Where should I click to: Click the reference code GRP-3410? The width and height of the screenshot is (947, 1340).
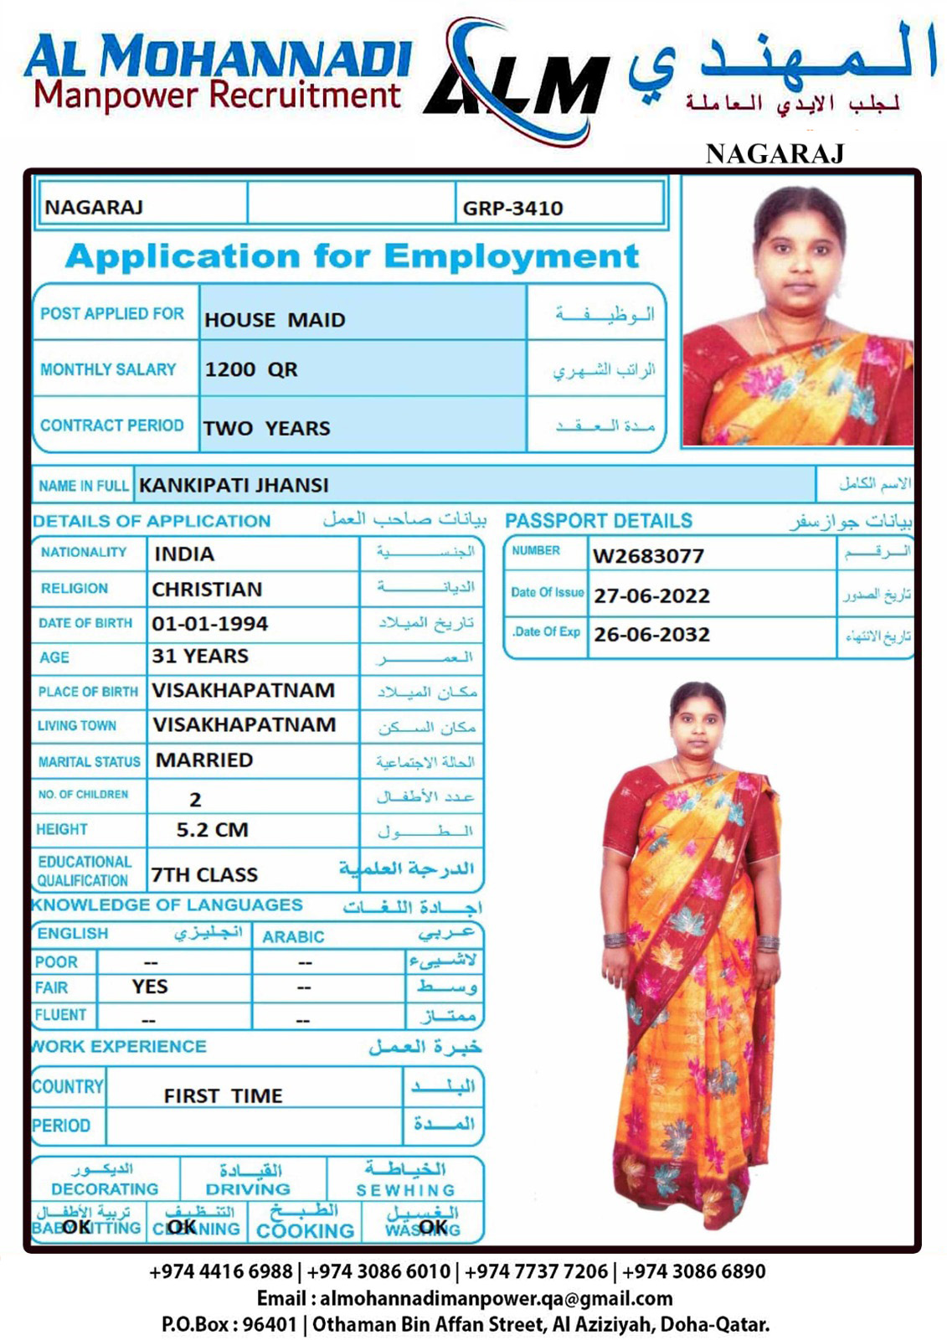pyautogui.click(x=512, y=209)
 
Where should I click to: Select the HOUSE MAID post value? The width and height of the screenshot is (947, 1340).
pyautogui.click(x=275, y=320)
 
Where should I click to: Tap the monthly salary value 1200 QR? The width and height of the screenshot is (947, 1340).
pyautogui.click(x=251, y=369)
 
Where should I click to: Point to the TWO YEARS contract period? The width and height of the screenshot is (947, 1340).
pyautogui.click(x=266, y=428)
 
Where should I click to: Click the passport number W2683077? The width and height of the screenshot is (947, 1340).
pyautogui.click(x=648, y=556)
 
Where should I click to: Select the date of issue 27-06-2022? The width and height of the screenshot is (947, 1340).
pyautogui.click(x=651, y=596)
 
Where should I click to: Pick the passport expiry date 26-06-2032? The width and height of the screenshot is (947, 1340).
pyautogui.click(x=651, y=635)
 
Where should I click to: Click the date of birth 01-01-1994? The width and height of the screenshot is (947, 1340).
pyautogui.click(x=209, y=624)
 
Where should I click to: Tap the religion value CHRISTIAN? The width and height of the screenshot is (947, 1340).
pyautogui.click(x=207, y=590)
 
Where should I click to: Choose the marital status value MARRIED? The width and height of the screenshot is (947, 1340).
pyautogui.click(x=204, y=760)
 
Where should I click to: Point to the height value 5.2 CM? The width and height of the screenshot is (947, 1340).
pyautogui.click(x=212, y=830)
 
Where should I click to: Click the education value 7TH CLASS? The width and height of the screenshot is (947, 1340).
pyautogui.click(x=204, y=875)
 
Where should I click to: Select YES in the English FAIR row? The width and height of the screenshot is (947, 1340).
pyautogui.click(x=150, y=987)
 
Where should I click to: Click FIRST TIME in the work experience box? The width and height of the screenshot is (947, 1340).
pyautogui.click(x=223, y=1096)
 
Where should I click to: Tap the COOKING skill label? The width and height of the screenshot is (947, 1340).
pyautogui.click(x=305, y=1231)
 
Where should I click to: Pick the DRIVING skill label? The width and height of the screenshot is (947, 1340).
pyautogui.click(x=248, y=1189)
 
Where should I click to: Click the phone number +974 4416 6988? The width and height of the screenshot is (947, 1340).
pyautogui.click(x=221, y=1271)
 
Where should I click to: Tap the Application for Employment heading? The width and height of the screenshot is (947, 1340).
pyautogui.click(x=352, y=256)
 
